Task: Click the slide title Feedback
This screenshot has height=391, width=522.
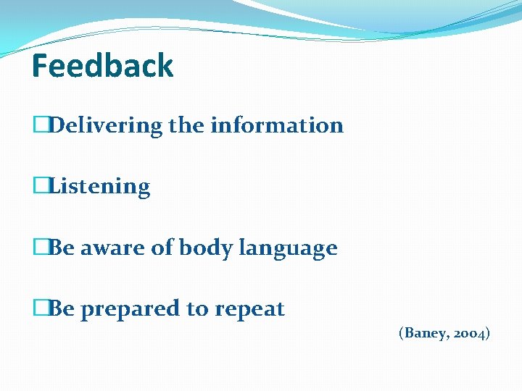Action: (103, 66)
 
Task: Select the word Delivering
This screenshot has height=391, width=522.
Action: (106, 126)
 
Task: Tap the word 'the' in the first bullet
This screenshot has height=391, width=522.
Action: (186, 125)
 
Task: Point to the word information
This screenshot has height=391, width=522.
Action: (277, 125)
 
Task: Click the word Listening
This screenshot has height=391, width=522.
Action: (99, 187)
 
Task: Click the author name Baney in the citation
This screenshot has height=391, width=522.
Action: (425, 333)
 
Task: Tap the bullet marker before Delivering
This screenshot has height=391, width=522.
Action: (40, 125)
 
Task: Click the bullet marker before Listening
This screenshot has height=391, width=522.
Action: (40, 186)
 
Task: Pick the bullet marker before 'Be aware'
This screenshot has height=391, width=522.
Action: (40, 248)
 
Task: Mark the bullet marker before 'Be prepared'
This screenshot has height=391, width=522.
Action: (40, 309)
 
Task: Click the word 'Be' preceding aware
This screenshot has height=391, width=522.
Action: (62, 248)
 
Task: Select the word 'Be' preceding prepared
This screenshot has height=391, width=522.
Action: (62, 309)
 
